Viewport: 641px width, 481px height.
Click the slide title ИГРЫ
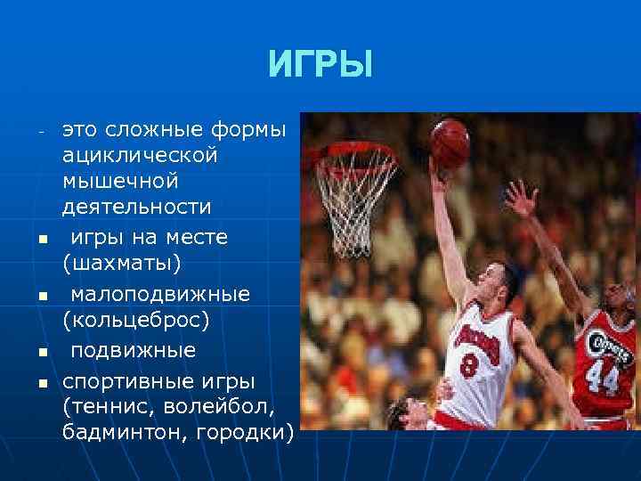pos(320,65)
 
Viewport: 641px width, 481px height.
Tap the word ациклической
pos(140,155)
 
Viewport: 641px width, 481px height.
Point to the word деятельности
pos(136,207)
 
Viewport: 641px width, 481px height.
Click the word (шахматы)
pos(121,264)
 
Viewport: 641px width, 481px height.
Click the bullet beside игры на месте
pos(41,240)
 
